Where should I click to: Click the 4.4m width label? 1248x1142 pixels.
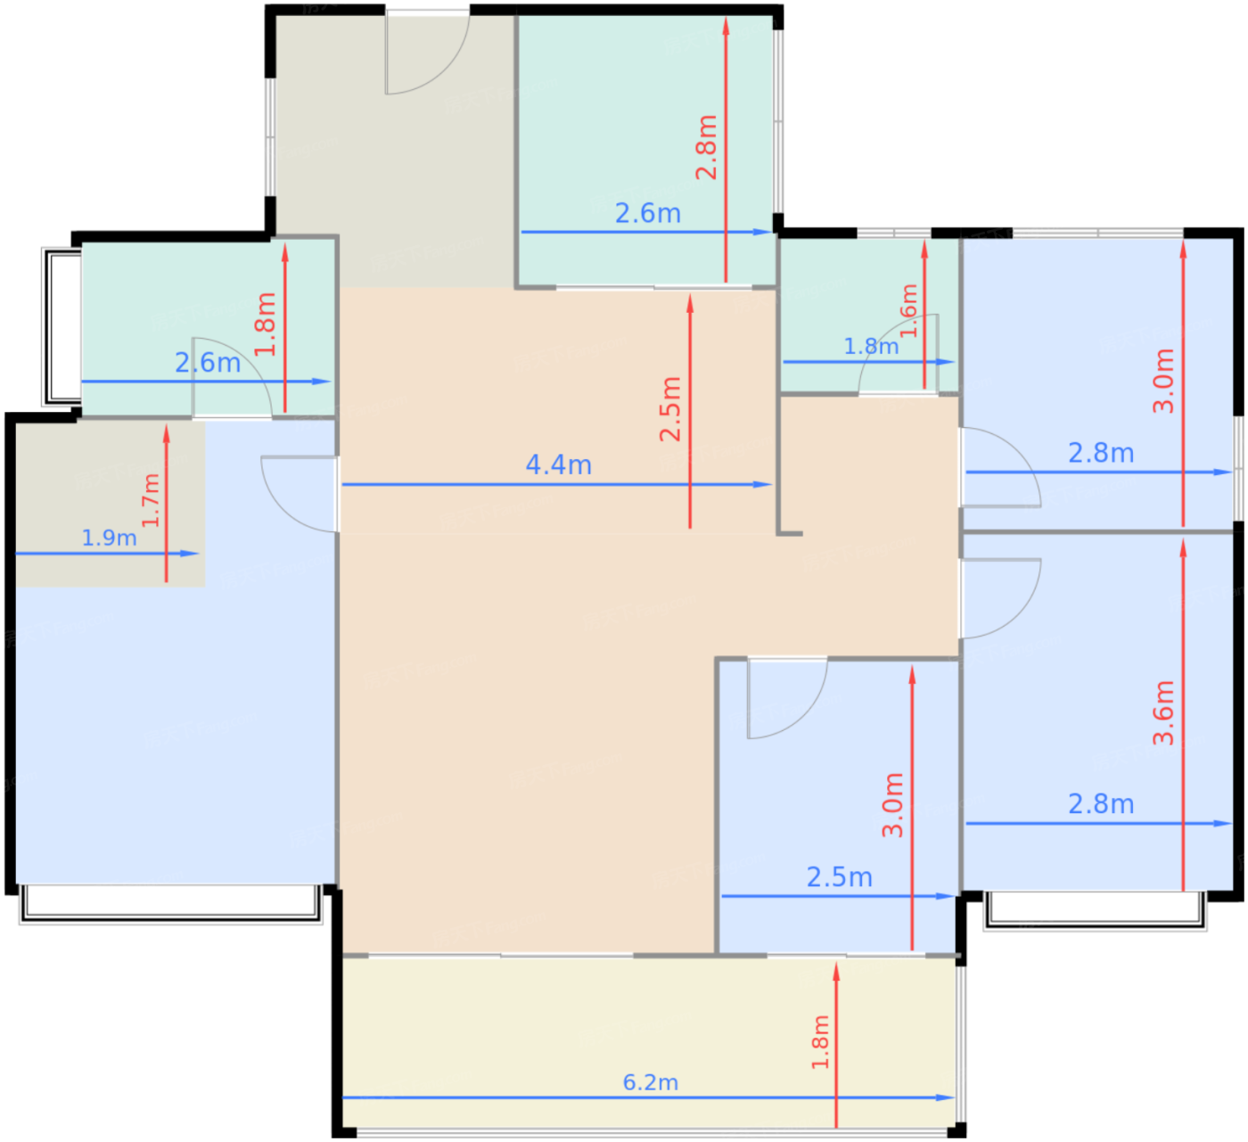558,464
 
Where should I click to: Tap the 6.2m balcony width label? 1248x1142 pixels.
650,1082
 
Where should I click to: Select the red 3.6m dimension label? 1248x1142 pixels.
1162,712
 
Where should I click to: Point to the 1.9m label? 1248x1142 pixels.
110,538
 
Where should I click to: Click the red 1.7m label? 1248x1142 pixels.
152,500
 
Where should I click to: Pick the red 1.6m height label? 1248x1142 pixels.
909,310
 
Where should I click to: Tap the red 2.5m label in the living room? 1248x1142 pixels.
670,409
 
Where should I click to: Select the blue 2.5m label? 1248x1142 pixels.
839,877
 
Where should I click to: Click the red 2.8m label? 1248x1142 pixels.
706,147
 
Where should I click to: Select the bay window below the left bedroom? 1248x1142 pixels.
171,904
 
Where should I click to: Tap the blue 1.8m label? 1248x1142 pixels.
871,346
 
